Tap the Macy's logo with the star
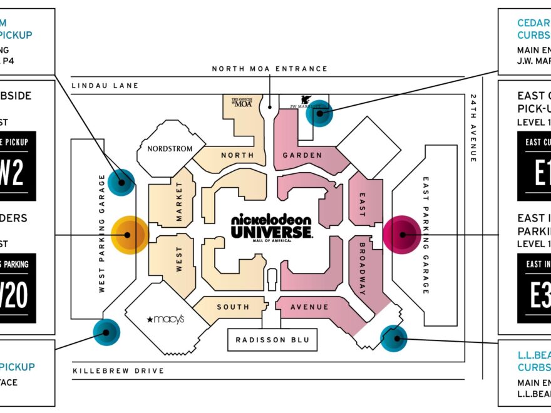tap(166, 320)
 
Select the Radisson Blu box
tap(272, 340)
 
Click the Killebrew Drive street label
tap(118, 371)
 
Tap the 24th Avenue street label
tap(473, 128)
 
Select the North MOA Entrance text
tap(269, 69)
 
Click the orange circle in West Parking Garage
tap(129, 235)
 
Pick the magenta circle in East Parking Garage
tap(402, 235)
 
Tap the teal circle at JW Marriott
tap(319, 113)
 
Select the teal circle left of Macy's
tap(106, 332)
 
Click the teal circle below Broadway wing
tap(394, 339)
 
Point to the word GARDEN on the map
tap(302, 155)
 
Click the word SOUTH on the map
tap(233, 307)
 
